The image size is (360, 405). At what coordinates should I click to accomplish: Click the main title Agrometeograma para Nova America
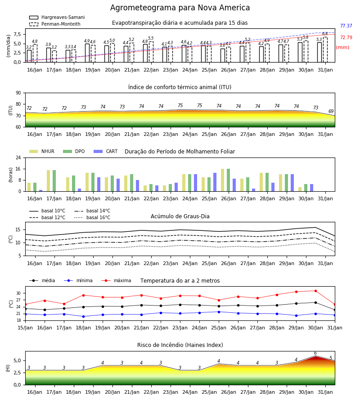[180, 8]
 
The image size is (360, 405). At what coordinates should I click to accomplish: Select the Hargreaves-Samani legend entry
[57, 17]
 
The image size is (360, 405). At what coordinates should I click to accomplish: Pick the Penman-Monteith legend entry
[55, 24]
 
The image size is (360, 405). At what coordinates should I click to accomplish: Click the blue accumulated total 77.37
[346, 26]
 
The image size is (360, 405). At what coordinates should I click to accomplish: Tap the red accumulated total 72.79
[346, 37]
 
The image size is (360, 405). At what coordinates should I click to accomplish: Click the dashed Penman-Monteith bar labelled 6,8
[325, 49]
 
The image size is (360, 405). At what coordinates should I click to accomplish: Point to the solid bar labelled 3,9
[49, 55]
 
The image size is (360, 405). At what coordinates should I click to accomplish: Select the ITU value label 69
[331, 111]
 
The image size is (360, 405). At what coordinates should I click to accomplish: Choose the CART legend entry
[106, 151]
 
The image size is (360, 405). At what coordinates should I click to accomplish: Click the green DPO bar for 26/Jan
[228, 180]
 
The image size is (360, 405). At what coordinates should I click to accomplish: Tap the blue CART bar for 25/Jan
[215, 182]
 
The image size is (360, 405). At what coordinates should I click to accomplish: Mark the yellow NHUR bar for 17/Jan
[48, 181]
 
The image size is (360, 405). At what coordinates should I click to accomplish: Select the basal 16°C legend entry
[92, 217]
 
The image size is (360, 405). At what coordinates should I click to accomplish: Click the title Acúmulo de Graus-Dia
[180, 216]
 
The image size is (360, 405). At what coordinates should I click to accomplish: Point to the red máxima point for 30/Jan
[315, 291]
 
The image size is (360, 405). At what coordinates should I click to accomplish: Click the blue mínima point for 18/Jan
[83, 316]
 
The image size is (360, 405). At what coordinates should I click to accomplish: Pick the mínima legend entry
[78, 280]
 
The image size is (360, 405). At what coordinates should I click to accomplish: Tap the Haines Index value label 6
[315, 353]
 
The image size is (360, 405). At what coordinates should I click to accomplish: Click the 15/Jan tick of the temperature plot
[25, 328]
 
